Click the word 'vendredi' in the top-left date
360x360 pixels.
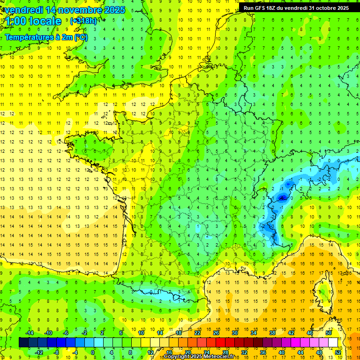pos(21,10)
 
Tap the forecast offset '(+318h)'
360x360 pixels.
pos(83,21)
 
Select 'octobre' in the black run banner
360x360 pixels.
pos(324,8)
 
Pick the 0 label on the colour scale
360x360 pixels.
pos(93,352)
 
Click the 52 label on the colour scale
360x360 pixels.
pos(338,352)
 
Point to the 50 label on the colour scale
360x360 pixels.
pos(329,333)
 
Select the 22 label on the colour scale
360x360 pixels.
pos(197,333)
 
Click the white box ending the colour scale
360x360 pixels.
pos(333,343)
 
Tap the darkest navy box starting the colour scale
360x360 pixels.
pos(23,343)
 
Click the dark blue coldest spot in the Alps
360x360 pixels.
pos(282,198)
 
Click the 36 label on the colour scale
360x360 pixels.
pos(263,352)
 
